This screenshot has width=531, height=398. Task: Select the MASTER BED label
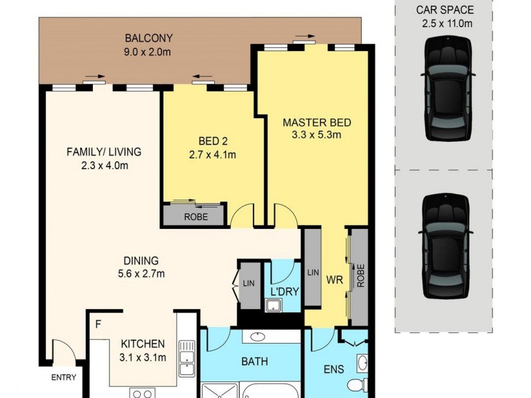point(317,123)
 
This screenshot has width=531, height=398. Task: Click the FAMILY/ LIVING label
point(104,152)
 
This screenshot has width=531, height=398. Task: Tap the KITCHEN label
point(143,344)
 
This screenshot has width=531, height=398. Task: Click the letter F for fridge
point(98,325)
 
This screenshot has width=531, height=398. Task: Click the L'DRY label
point(283,291)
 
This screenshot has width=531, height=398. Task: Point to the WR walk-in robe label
point(333,280)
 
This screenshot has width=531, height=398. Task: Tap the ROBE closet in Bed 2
point(196,216)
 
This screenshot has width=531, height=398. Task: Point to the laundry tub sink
point(273,305)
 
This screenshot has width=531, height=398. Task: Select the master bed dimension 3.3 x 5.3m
point(317,136)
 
